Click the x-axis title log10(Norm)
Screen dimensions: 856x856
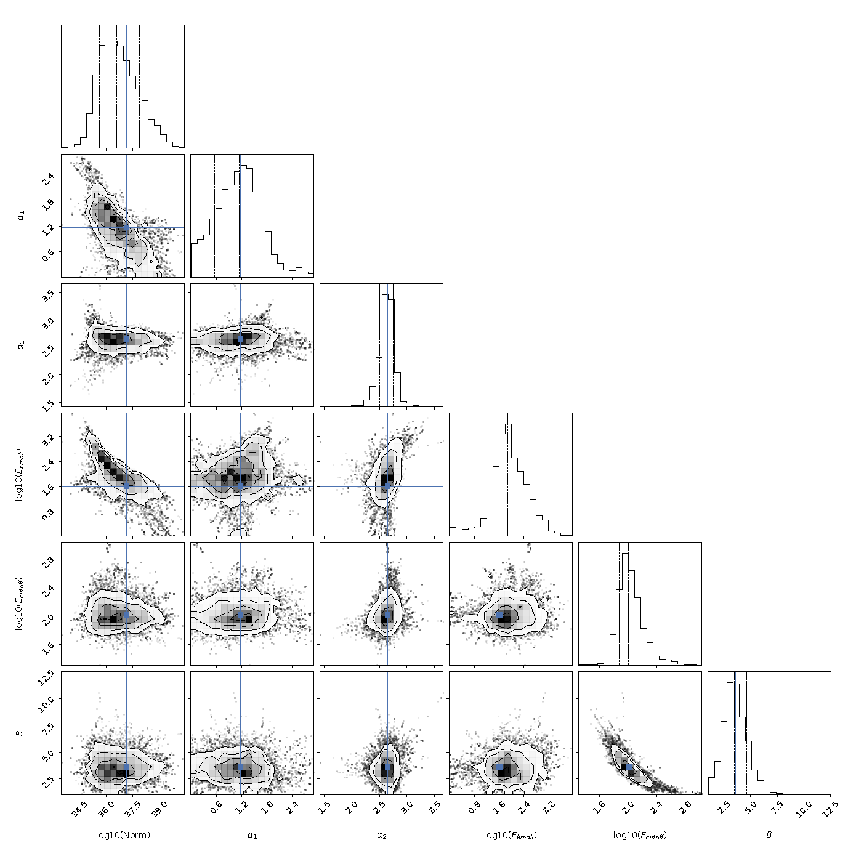click(x=123, y=834)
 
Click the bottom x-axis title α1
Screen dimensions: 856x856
click(x=252, y=835)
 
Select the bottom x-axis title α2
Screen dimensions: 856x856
click(x=382, y=835)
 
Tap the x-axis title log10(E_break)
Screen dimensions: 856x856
click(x=511, y=835)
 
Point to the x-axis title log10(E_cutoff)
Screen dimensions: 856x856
click(x=640, y=835)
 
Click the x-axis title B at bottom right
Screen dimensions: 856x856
click(x=769, y=834)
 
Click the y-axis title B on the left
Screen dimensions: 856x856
click(x=20, y=732)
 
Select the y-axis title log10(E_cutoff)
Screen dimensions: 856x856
click(x=20, y=604)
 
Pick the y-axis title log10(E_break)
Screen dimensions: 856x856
click(x=20, y=474)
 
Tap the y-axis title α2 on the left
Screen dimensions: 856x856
click(x=20, y=345)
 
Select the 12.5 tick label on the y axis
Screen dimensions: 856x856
click(x=49, y=679)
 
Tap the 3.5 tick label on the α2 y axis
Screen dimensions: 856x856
click(x=49, y=296)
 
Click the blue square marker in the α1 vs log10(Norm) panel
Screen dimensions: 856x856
click(x=127, y=227)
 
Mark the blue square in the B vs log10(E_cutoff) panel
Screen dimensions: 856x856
click(x=629, y=767)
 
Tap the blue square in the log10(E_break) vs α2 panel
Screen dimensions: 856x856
click(x=387, y=486)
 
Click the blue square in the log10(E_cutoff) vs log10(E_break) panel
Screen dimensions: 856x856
click(x=499, y=615)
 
